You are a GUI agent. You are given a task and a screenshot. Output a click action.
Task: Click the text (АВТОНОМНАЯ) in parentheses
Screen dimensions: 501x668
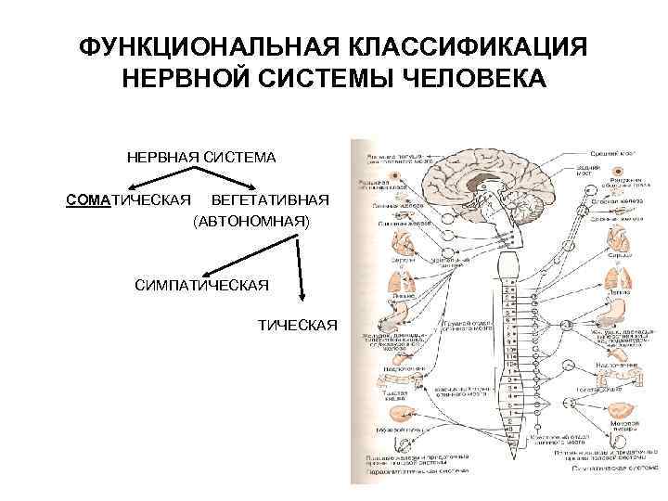pyautogui.click(x=251, y=224)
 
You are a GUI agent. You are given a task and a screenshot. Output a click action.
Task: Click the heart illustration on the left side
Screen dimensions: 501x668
pyautogui.click(x=405, y=244)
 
